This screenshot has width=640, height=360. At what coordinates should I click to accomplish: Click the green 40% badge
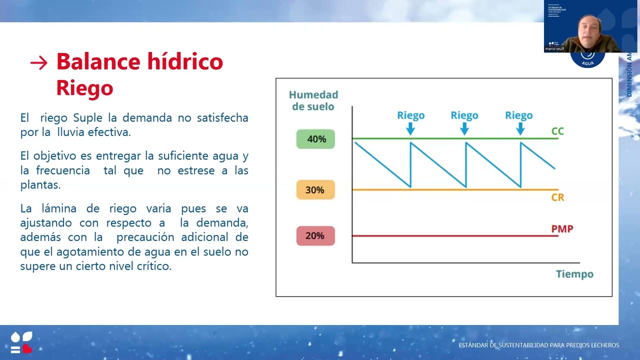click(315, 139)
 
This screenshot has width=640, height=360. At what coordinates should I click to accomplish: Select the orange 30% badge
click(315, 190)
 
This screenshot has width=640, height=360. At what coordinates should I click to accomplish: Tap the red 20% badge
click(315, 235)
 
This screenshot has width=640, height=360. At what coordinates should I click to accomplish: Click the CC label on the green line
click(557, 131)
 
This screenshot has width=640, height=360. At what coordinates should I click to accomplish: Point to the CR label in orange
click(557, 197)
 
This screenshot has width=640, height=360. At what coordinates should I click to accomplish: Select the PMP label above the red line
click(562, 229)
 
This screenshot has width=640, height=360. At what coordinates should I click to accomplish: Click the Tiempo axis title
click(574, 274)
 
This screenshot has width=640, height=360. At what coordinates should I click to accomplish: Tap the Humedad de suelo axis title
click(313, 100)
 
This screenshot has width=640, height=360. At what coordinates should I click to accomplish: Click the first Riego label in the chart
click(410, 115)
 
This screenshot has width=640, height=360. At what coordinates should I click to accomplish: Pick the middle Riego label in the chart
click(464, 115)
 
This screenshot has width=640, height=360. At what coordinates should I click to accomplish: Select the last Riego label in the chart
click(518, 115)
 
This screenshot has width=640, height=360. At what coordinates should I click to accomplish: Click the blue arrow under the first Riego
click(410, 129)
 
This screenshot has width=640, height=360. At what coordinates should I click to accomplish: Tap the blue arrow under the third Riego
click(520, 129)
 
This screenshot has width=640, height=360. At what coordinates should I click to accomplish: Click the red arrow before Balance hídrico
click(38, 63)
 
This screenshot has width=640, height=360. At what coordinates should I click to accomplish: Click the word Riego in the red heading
click(84, 87)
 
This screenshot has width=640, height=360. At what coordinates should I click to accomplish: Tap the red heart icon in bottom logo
click(27, 348)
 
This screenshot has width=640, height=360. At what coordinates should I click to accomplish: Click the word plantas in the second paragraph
click(40, 185)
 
